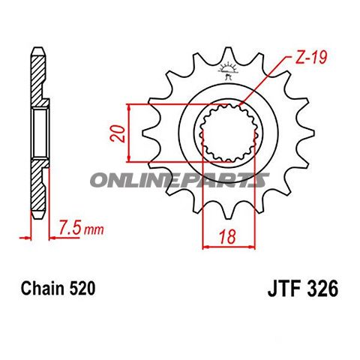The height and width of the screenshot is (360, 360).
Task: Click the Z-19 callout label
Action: point(305,57)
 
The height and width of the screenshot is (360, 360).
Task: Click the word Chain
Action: point(38,288)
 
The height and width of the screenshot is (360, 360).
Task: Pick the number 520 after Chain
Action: point(80,288)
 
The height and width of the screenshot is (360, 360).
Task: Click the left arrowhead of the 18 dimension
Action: point(205,244)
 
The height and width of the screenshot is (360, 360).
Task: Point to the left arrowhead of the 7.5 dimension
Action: point(31,238)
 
